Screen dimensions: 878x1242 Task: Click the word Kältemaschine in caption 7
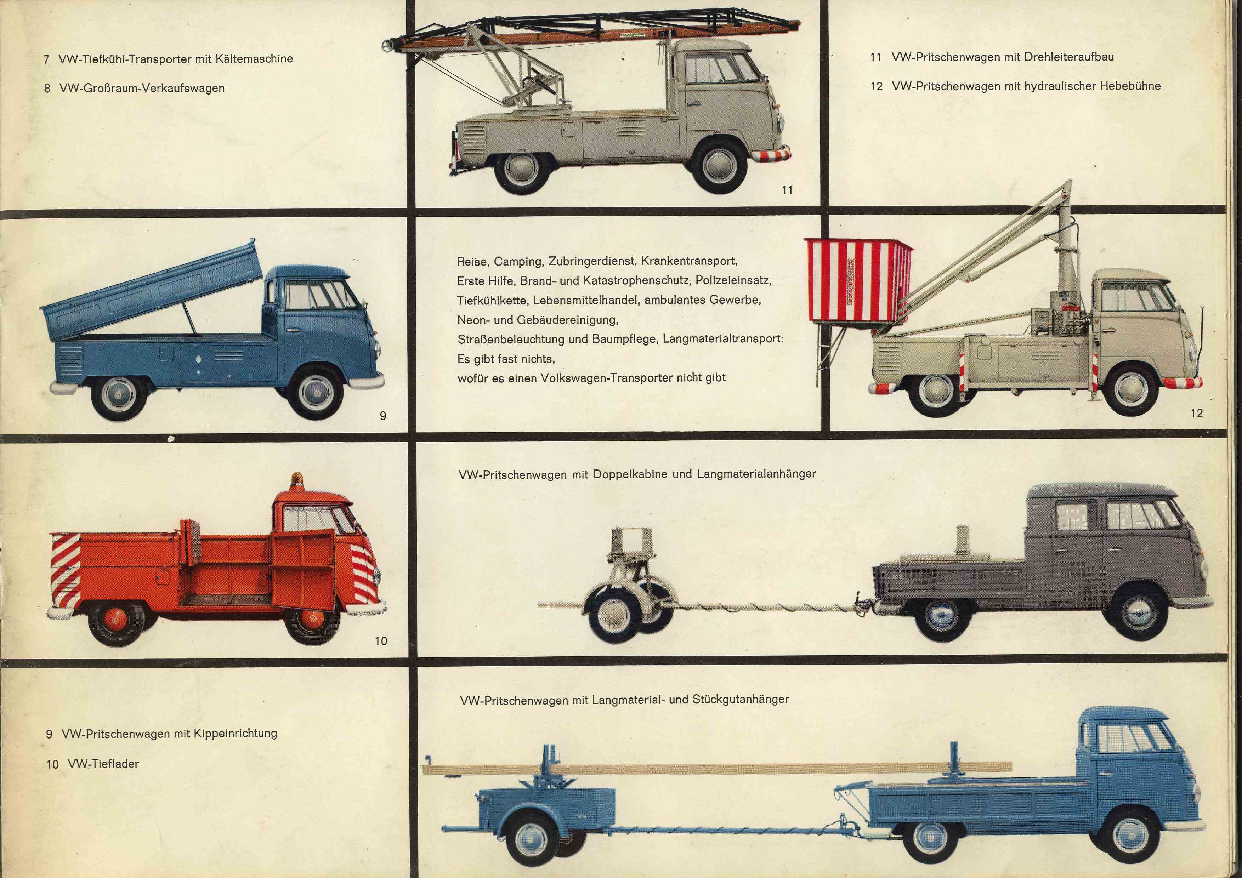254,58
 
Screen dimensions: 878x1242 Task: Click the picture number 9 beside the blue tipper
383,416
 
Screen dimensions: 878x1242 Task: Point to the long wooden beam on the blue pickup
703,768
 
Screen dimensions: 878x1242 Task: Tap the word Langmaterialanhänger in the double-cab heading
756,474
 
